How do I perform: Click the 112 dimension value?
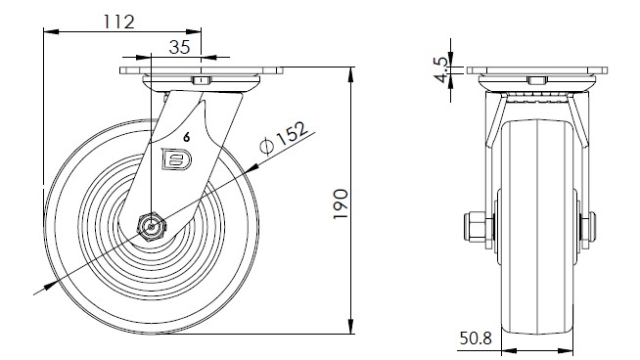point(118,22)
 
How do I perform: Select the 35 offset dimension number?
point(180,47)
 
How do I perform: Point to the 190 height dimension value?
point(341,203)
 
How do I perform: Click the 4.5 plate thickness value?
point(441,69)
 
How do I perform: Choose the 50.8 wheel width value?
point(476,337)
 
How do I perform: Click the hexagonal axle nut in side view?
point(151,227)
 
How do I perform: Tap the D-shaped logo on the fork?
point(176,158)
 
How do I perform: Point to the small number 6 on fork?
point(187,138)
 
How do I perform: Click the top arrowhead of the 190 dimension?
point(350,74)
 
